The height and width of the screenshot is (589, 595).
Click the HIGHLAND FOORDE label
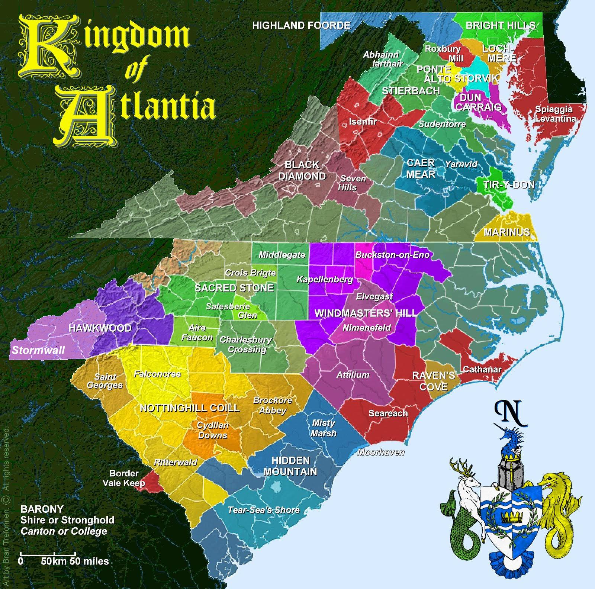point(301,25)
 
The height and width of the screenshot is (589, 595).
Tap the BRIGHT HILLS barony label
point(501,25)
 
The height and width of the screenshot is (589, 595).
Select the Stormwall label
point(38,350)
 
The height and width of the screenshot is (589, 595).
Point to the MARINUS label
point(506,232)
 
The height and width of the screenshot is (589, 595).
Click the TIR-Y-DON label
point(509,184)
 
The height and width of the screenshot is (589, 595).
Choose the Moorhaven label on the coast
point(380,452)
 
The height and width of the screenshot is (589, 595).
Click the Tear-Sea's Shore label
point(264,510)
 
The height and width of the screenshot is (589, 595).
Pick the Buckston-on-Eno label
point(392,255)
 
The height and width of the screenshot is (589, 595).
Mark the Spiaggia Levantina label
point(555,114)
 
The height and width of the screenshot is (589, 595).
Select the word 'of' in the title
point(136,68)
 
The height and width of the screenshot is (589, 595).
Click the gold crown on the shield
point(510,516)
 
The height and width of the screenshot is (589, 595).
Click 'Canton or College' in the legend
point(64,531)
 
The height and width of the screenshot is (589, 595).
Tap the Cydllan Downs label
point(212,430)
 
